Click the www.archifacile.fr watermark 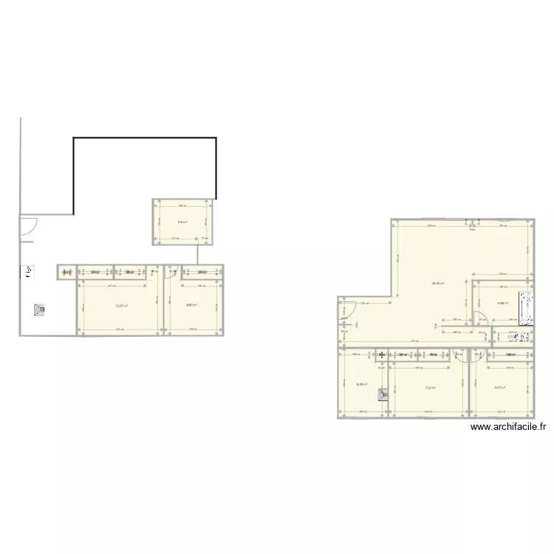507,426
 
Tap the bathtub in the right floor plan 526,308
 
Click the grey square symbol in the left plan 39,310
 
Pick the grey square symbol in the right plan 383,394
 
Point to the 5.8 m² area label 182,222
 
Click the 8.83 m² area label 191,305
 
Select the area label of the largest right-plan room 437,283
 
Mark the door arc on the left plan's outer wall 27,227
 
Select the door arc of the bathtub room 479,319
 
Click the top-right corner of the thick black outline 216,137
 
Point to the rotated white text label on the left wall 28,273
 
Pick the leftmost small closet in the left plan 66,273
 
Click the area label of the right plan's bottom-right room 499,388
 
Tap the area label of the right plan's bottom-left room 362,384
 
